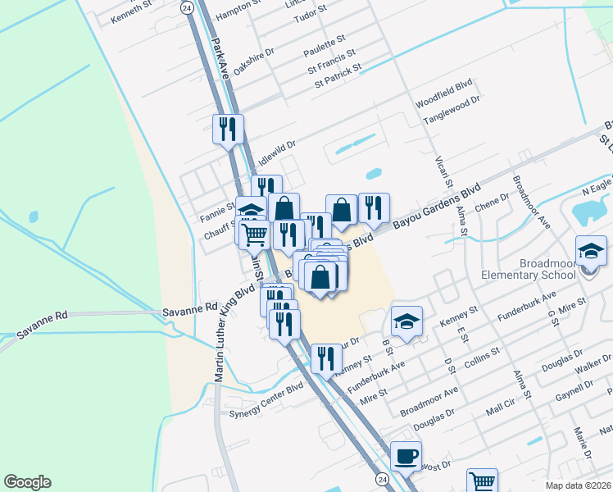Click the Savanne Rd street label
[190, 309]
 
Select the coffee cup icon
[406, 455]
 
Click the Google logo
[27, 482]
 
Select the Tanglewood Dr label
[450, 109]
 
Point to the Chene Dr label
[493, 202]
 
